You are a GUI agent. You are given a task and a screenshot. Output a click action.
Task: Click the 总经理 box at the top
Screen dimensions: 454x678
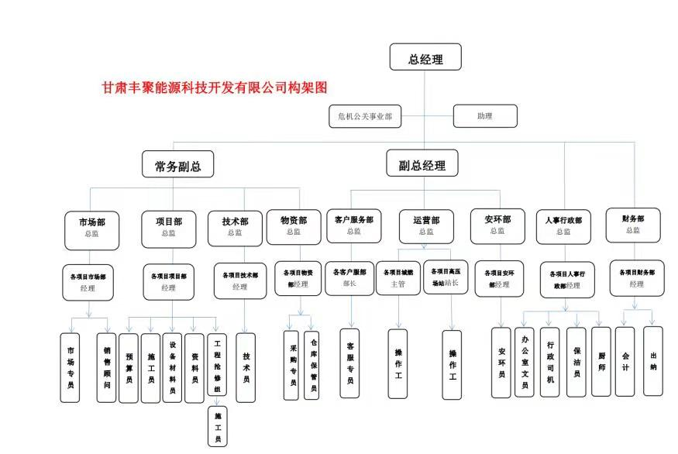tap(425, 59)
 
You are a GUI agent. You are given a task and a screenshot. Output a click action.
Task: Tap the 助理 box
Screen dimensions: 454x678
tap(484, 116)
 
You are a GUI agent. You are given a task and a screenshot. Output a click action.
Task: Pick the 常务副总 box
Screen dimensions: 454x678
tap(177, 165)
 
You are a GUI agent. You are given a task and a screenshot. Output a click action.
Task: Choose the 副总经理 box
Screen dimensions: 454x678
tap(422, 165)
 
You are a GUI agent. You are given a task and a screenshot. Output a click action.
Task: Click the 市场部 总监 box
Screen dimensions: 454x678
tap(91, 227)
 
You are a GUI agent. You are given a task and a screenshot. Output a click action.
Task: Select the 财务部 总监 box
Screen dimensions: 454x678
tap(633, 224)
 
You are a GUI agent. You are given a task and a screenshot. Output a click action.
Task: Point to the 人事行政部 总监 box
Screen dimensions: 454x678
tap(563, 225)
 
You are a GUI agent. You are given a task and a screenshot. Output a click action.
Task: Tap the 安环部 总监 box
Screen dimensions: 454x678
tap(497, 225)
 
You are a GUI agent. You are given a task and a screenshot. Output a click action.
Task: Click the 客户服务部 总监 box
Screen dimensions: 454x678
tap(353, 225)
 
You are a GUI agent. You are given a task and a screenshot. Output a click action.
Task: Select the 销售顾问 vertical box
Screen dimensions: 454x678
tap(107, 368)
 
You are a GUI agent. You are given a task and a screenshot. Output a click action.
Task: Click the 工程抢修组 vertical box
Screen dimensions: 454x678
tap(217, 364)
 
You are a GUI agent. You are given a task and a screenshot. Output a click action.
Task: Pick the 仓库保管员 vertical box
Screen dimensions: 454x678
tap(312, 364)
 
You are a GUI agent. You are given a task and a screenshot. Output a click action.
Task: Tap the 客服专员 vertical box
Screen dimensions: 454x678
tap(350, 363)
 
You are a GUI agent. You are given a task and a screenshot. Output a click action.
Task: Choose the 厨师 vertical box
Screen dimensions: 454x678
tap(601, 362)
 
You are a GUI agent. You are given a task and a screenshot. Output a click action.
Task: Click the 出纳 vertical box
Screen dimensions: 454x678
tap(653, 361)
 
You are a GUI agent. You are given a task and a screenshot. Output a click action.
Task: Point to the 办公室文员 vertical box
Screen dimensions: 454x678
tap(525, 362)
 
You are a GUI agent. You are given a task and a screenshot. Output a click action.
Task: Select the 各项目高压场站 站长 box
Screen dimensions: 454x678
tap(446, 277)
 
